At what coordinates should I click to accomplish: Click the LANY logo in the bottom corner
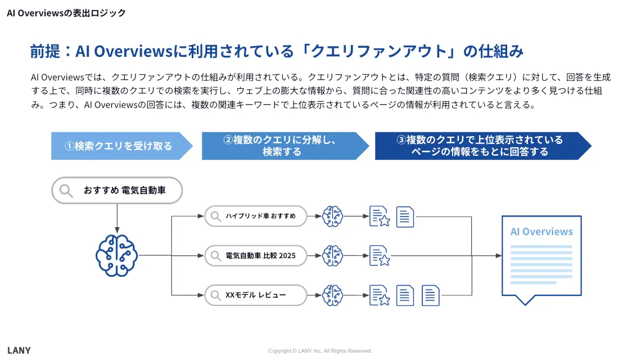coord(19,350)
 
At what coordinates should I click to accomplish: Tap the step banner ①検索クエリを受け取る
coord(119,146)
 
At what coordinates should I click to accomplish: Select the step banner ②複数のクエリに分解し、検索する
coord(282,146)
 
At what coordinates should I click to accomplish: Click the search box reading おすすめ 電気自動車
coord(117,191)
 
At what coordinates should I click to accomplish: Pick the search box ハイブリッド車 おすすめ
coord(256,216)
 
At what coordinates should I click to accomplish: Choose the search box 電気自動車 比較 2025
coord(256,256)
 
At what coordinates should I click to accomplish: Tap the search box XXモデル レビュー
coord(256,295)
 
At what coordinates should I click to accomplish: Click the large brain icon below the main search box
coord(116,255)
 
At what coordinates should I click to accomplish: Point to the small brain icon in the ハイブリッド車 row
coord(332,216)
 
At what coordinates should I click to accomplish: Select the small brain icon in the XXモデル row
coord(332,295)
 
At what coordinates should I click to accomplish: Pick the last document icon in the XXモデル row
coord(431,295)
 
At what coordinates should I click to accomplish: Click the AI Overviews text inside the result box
coord(541,232)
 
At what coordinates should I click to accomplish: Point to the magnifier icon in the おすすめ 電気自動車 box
coord(67,191)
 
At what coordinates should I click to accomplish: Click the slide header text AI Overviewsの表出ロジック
coord(66,13)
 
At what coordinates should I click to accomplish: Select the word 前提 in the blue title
coord(44,52)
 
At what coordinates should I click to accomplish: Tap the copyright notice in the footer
coord(320,351)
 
